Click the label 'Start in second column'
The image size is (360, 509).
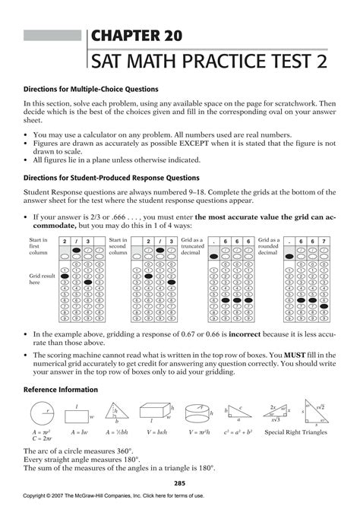(x=118, y=247)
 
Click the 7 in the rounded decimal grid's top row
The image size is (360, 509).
(x=324, y=242)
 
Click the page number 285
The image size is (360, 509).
(x=180, y=482)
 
